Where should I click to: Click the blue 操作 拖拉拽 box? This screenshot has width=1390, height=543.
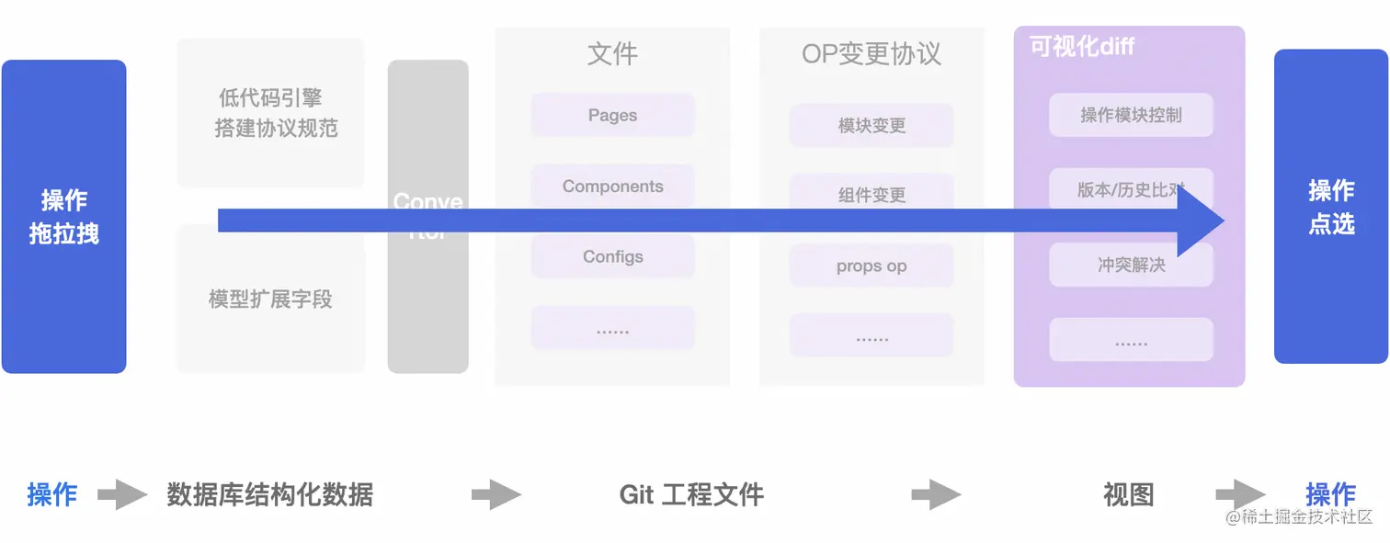click(x=63, y=217)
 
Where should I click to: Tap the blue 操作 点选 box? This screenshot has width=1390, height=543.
click(x=1330, y=207)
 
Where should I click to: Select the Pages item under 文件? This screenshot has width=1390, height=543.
click(x=612, y=116)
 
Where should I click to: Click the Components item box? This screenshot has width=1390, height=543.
click(x=612, y=187)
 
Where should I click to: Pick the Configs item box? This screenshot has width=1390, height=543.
click(x=612, y=257)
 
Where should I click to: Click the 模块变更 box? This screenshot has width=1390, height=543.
click(x=872, y=126)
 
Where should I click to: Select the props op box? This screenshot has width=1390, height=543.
click(x=872, y=266)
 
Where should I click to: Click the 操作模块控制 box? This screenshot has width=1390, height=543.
click(x=1131, y=116)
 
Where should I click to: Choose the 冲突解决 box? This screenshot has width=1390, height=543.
click(x=1131, y=266)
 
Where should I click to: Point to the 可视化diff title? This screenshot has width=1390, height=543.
click(x=1081, y=47)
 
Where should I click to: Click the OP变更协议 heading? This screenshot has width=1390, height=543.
click(x=872, y=54)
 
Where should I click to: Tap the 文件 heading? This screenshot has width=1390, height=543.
click(x=612, y=54)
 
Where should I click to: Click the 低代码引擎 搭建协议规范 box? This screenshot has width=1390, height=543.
click(x=271, y=113)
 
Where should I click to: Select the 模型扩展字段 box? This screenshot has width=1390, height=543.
click(x=270, y=300)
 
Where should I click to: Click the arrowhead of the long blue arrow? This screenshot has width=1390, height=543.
click(x=1201, y=221)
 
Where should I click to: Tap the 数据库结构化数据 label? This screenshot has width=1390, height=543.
click(x=270, y=495)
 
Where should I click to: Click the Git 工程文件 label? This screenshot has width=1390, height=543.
click(x=691, y=495)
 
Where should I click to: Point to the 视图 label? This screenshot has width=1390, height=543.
click(x=1128, y=495)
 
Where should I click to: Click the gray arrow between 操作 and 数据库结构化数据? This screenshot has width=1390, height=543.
click(x=122, y=495)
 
